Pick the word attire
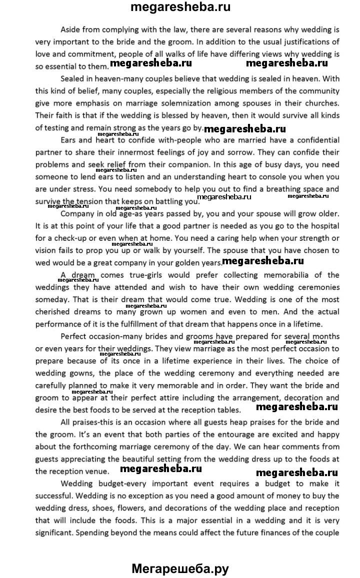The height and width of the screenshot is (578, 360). pos(186,397)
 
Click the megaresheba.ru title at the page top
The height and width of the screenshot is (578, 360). pos(180,7)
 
